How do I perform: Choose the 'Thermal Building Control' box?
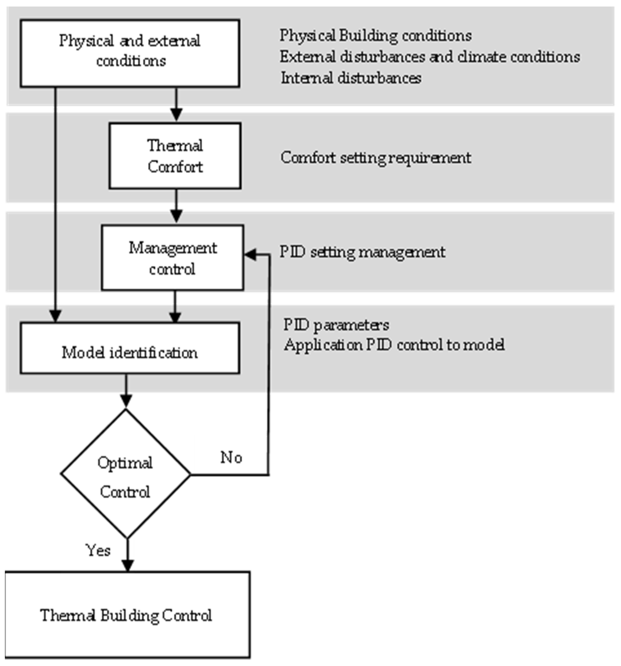(127, 615)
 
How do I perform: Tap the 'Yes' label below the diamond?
(98, 550)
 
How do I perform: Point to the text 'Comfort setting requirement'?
(376, 158)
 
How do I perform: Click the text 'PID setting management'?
(362, 252)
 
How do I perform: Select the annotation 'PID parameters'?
(336, 325)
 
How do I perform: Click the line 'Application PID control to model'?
(394, 345)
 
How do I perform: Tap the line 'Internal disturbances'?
(351, 78)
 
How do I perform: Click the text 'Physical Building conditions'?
(376, 35)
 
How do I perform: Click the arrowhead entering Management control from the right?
(251, 255)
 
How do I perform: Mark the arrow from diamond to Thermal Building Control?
(127, 556)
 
